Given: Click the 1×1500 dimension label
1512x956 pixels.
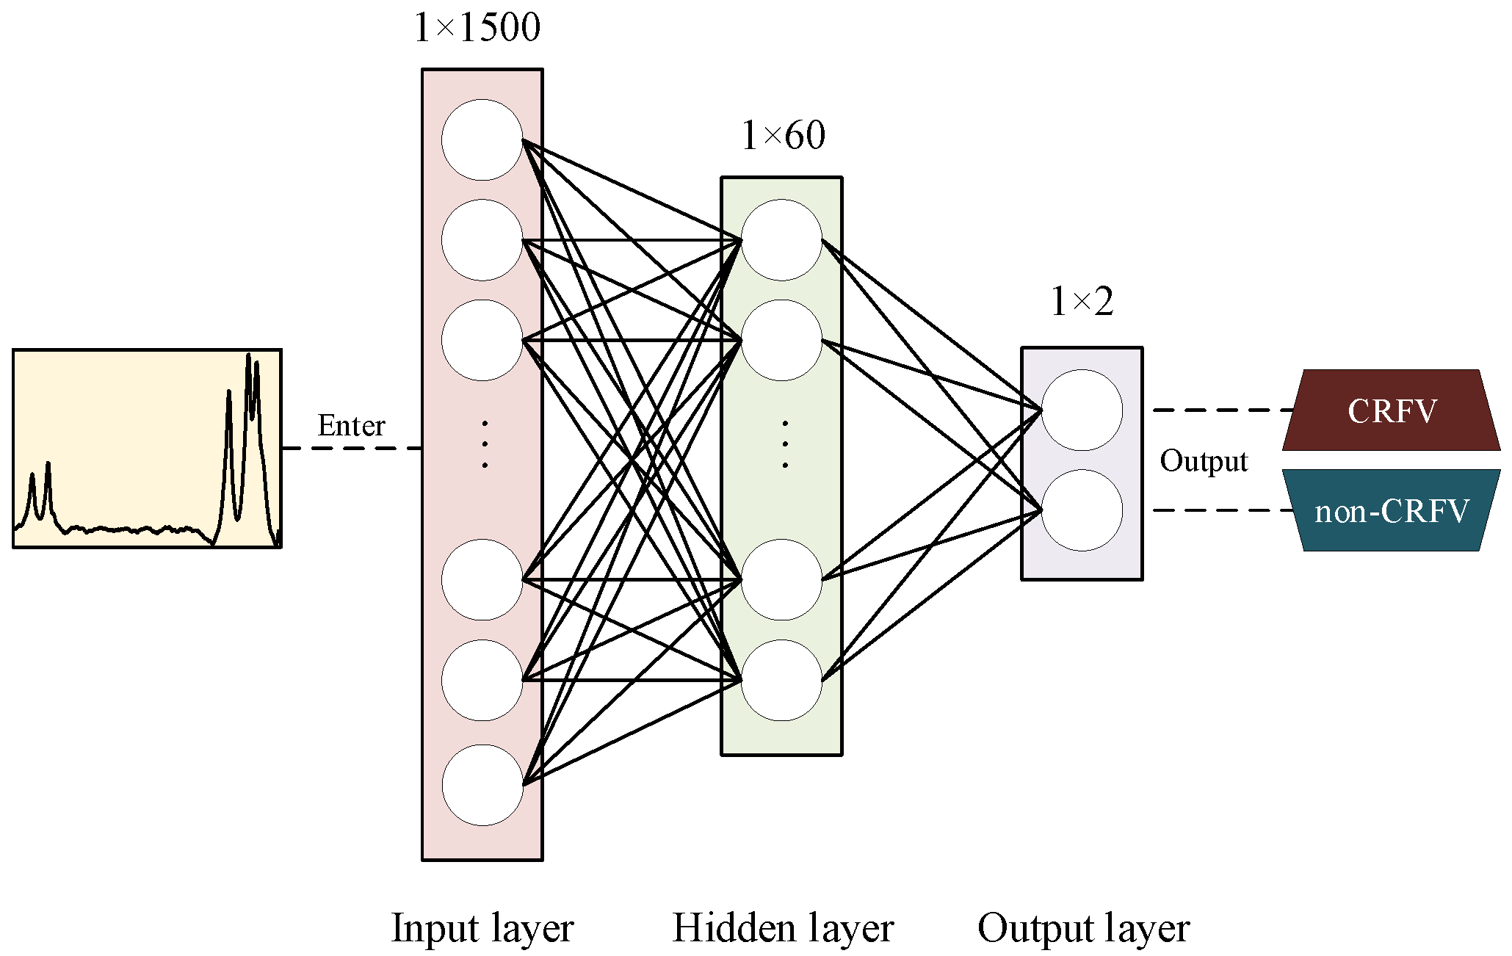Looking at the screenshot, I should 477,28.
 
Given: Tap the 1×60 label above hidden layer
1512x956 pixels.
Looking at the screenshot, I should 783,136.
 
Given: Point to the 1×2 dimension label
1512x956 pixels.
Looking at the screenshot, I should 1082,302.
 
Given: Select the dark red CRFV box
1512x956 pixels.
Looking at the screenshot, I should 1391,410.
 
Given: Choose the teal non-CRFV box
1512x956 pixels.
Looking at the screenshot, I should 1391,511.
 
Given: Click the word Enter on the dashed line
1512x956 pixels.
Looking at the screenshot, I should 351,426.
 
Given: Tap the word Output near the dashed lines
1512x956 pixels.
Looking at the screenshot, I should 1204,461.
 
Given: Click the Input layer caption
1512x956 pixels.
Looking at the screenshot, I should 482,928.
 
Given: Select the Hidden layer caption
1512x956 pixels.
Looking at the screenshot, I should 783,928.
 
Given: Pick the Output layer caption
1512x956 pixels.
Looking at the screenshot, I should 1083,928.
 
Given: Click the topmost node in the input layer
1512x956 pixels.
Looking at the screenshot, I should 482,140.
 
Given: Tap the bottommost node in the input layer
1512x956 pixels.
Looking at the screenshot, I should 482,785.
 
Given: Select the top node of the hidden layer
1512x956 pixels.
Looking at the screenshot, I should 781,240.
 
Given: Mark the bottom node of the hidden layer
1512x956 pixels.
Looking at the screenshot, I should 781,680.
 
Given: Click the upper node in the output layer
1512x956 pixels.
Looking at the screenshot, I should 1082,410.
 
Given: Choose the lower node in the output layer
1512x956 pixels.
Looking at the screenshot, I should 1082,510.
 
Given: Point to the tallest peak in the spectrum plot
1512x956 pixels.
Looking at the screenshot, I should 248,358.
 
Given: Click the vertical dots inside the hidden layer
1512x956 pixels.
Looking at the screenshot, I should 785,444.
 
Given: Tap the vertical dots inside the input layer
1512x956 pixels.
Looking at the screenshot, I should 485,444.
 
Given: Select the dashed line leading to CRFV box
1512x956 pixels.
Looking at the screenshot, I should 1223,410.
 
